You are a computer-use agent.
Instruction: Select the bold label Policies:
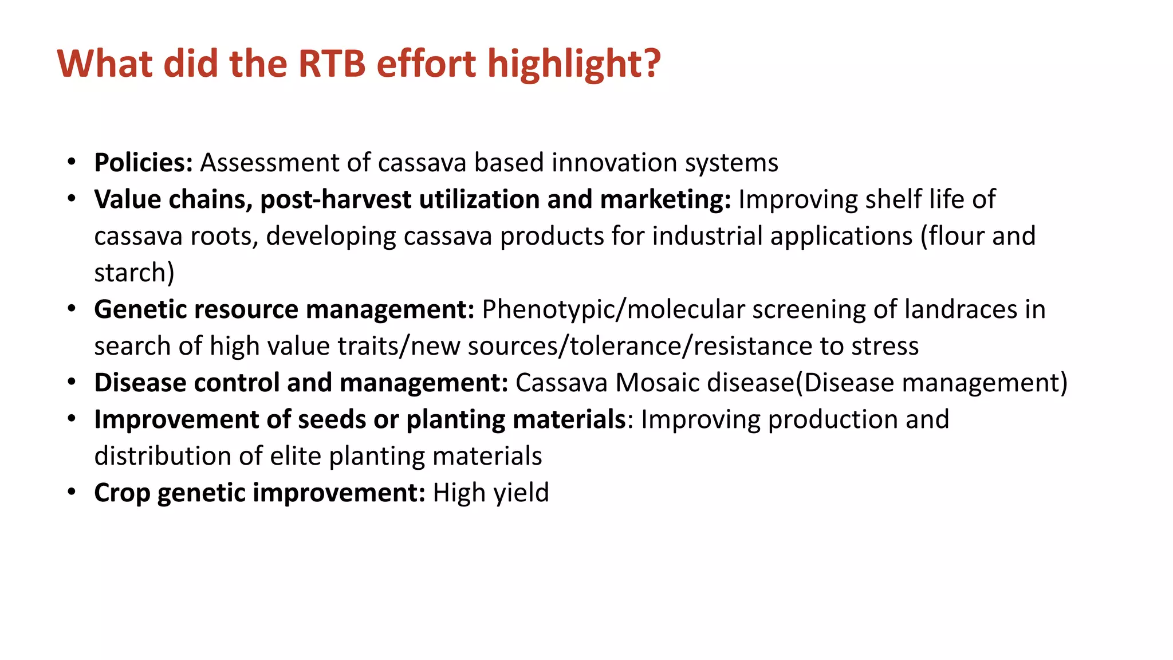143,163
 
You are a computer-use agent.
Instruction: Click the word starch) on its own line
134,273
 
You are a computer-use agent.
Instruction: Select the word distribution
163,456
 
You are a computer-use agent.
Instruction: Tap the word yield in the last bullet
521,493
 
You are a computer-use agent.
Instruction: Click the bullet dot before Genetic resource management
71,309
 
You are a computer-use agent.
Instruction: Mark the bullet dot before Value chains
71,199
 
